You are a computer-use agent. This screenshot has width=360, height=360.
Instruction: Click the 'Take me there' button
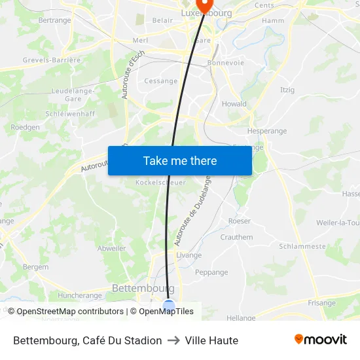[180, 160]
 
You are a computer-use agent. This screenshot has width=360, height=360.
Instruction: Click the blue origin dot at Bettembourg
[169, 306]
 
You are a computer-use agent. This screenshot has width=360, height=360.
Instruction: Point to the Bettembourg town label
[143, 288]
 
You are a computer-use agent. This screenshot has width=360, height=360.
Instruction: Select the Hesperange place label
[267, 131]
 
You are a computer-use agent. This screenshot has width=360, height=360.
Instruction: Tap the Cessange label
[161, 81]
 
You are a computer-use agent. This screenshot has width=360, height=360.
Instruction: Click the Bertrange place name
[54, 20]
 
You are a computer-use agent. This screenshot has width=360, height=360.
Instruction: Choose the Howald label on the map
[234, 103]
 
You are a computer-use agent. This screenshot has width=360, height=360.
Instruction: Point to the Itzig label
[287, 90]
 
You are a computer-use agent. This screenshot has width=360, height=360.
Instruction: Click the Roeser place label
[240, 221]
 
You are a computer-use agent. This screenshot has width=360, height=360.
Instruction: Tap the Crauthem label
[236, 237]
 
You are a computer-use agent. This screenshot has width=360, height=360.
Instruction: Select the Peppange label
[211, 272]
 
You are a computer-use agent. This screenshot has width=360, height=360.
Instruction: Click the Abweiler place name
[111, 248]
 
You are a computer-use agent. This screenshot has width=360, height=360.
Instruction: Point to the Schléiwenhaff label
[70, 113]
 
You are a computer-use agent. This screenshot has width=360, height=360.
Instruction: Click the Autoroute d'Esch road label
[133, 76]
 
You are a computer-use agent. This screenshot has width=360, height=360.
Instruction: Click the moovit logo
[321, 340]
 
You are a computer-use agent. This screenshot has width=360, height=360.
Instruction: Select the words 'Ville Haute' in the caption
[211, 340]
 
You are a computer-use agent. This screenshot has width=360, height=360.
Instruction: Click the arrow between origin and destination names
[173, 340]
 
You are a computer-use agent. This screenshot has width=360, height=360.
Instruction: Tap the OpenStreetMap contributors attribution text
[70, 312]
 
